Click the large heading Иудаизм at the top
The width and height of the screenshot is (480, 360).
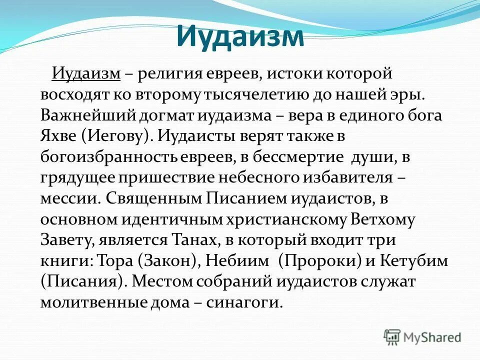240,36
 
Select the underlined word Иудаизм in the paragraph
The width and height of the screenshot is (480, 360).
86,74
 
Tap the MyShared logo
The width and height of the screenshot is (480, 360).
422,337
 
